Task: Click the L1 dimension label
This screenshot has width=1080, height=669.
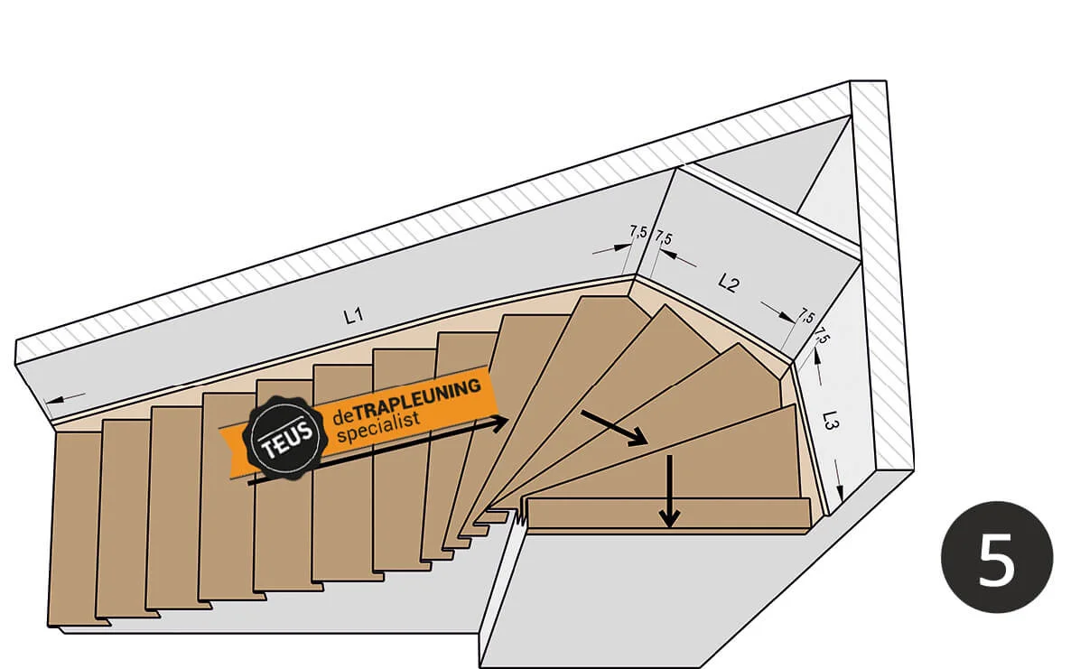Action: (352, 316)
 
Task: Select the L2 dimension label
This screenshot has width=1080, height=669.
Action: (728, 283)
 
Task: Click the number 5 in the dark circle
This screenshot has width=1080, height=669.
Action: (997, 556)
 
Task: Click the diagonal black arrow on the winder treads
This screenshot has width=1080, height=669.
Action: (614, 427)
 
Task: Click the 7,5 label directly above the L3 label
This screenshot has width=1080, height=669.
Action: (821, 337)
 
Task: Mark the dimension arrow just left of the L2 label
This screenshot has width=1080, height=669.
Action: (683, 259)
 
